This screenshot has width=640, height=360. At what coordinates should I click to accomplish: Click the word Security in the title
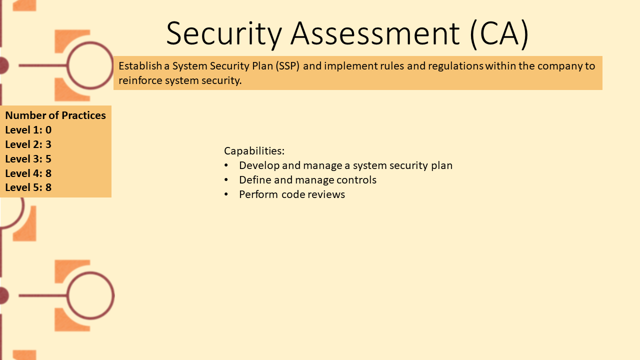point(224,33)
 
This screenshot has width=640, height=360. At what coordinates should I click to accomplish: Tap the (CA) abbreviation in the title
point(499,33)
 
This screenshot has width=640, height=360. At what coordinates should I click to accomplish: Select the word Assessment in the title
point(375,33)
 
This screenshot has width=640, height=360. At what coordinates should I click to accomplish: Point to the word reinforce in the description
point(140,80)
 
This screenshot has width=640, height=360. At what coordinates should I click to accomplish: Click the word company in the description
point(559,66)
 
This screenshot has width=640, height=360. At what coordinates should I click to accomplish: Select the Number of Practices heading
point(55,115)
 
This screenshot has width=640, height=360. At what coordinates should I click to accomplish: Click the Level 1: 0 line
point(28,130)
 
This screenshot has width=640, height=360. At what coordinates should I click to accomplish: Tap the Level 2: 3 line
point(28,144)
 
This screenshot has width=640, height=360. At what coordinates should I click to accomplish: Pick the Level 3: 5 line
point(28,159)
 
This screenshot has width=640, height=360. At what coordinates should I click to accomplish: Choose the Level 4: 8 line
point(28,173)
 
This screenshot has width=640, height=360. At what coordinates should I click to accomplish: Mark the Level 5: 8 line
point(28,187)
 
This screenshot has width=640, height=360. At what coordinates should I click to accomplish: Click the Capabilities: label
point(254,151)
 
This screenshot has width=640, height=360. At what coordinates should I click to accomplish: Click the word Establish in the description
point(140,66)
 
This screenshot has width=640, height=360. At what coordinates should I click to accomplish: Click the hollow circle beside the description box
point(68,65)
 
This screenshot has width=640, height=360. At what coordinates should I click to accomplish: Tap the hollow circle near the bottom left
point(68,295)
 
